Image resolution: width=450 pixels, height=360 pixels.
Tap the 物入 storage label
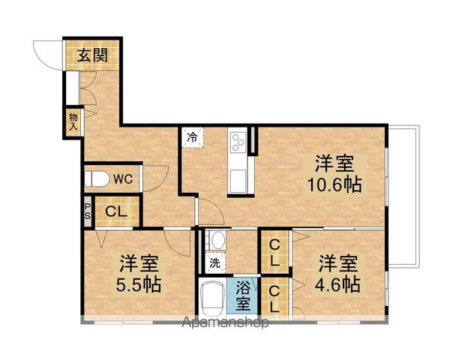point(73,120)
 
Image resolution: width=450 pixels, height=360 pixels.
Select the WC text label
point(124,179)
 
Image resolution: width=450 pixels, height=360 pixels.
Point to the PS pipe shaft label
point(88,211)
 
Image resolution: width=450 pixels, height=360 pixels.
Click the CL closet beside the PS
point(115,211)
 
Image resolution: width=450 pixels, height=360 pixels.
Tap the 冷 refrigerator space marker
point(193,137)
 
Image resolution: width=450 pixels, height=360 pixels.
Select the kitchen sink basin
point(238,181)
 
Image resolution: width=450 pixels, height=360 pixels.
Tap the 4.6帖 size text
point(338,284)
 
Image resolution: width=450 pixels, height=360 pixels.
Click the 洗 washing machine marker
point(214,263)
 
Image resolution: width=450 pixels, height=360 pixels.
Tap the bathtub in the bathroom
point(214,298)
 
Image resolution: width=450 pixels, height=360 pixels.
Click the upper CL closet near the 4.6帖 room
point(275,252)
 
